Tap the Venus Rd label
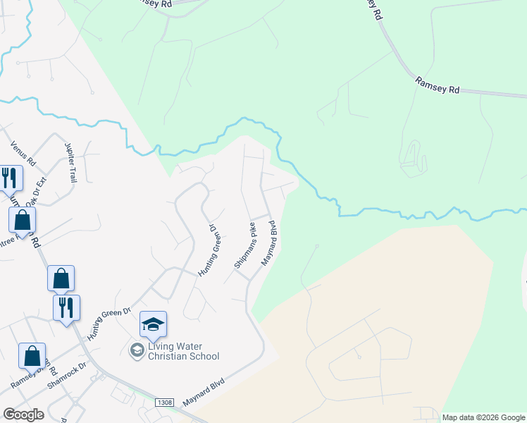23,153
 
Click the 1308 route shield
164,402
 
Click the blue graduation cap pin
153,325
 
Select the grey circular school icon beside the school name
137,350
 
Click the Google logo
23,415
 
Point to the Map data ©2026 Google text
483,417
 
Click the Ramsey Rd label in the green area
437,86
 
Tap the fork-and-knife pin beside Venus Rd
9,178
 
